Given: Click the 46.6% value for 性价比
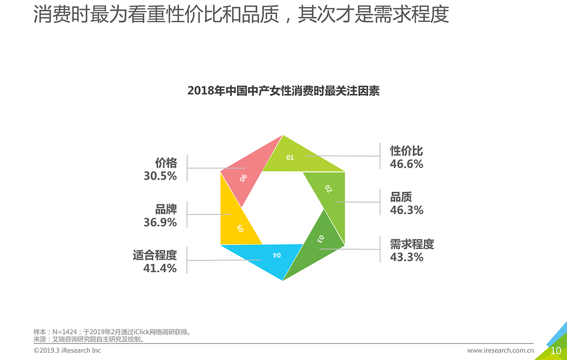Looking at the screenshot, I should [x=406, y=164].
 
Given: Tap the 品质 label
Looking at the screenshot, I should [x=401, y=197].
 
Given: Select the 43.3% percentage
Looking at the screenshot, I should [x=406, y=257].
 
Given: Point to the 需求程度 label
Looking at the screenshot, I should [x=412, y=244].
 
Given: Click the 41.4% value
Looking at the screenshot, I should [x=159, y=268].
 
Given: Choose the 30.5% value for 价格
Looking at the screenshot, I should [x=160, y=176].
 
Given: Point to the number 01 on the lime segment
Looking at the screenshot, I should [x=290, y=157].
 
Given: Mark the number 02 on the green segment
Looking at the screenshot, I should [x=328, y=189].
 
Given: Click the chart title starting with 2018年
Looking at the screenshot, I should [x=283, y=91].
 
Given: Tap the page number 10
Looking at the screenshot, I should [x=555, y=351].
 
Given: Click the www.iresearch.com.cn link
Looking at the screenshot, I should [x=500, y=350].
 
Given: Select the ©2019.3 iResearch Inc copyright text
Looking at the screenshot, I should [x=67, y=350].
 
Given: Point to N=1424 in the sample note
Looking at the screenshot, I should [x=65, y=332].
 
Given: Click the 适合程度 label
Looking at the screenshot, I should [x=155, y=255].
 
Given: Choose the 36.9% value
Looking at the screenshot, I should [x=160, y=222].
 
